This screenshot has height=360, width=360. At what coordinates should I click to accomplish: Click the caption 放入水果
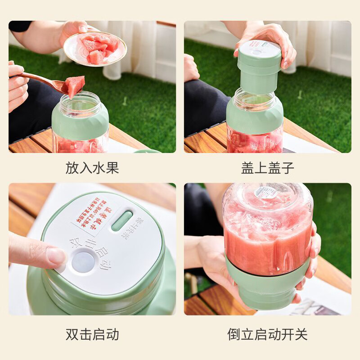click(92, 168)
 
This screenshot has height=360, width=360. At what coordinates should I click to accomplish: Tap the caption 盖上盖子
click(267, 168)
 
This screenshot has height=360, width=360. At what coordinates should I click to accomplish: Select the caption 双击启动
click(92, 334)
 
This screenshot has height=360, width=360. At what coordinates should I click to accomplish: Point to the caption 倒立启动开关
click(267, 334)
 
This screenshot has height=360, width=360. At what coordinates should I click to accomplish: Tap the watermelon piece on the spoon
click(75, 85)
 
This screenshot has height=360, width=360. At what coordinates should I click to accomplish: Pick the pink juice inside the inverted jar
click(265, 238)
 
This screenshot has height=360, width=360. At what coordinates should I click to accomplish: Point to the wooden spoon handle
click(38, 77)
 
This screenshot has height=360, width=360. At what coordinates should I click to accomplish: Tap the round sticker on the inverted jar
click(265, 193)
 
